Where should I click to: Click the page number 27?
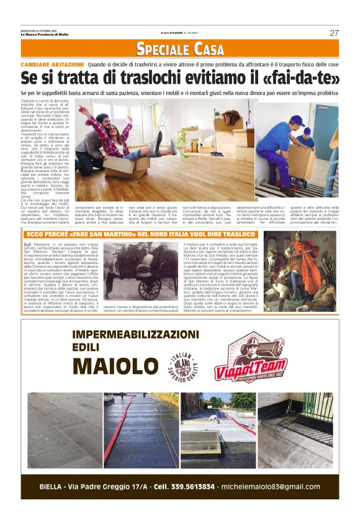(334, 33)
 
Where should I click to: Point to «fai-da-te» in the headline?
(300, 78)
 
